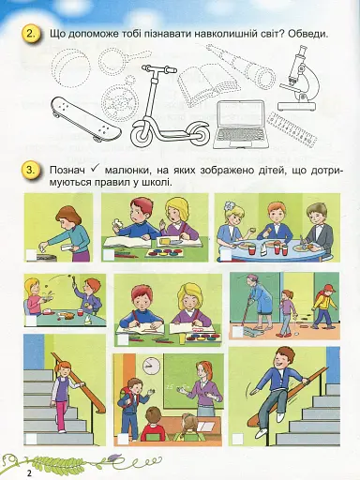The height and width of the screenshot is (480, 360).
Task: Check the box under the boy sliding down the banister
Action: pos(237,437)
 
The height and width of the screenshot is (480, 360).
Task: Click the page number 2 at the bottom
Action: pos(29,471)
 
